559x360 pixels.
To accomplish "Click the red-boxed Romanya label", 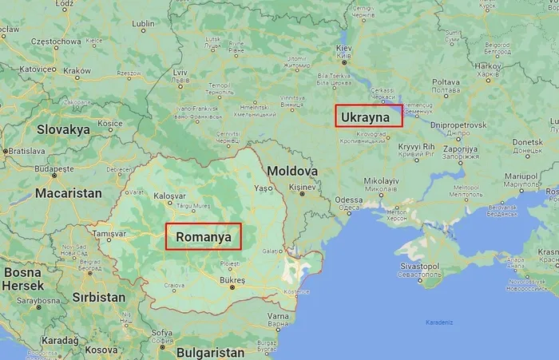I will pos(203,236).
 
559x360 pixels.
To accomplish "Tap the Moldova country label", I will pos(292,171).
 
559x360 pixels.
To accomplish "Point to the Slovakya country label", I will pos(63,129).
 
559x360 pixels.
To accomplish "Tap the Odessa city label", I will pos(349,200).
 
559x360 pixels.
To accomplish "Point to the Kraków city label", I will pos(77,70).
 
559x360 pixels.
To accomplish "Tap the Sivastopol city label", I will pos(420,266).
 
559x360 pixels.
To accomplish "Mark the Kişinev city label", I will pos(303,187).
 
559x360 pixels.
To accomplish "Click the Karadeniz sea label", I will pos(438,323).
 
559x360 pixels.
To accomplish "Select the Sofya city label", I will pos(162,333).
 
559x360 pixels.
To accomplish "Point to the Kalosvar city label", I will pos(168,196).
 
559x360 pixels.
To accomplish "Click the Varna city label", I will pos(278,316).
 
